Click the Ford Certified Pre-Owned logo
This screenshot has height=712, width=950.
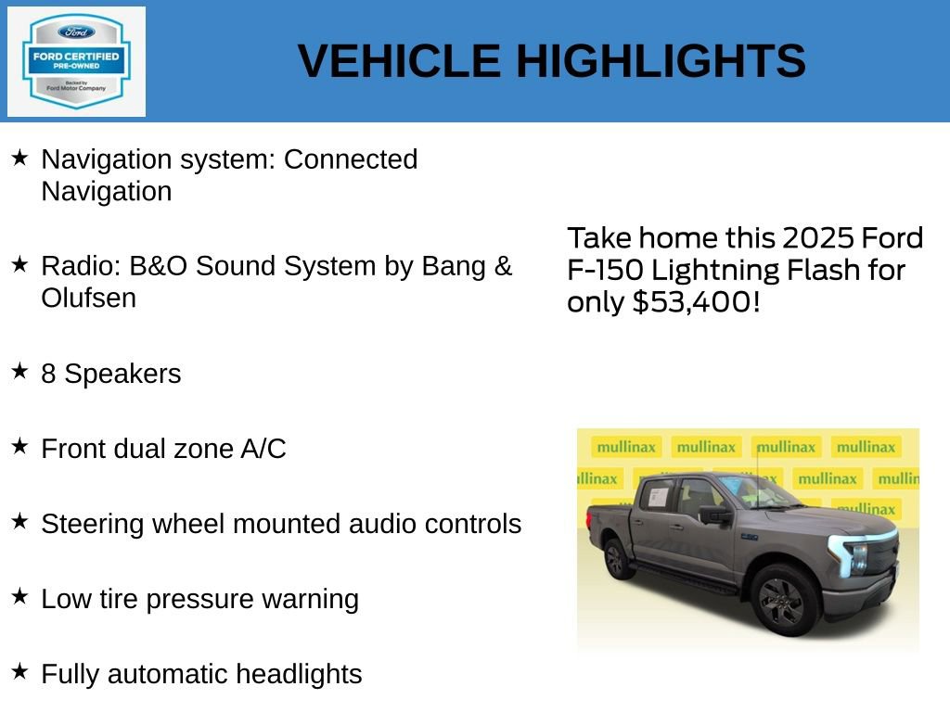tap(76, 62)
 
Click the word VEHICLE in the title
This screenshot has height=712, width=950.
tap(399, 61)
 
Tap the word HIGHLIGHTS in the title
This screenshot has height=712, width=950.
tap(661, 61)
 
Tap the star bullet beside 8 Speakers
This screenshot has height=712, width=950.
tap(19, 372)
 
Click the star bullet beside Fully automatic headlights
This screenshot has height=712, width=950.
tap(19, 671)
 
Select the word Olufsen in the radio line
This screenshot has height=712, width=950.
tap(88, 298)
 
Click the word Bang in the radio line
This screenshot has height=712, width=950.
tap(454, 266)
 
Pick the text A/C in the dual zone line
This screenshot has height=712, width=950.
tap(263, 449)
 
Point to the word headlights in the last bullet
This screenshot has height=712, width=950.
tap(299, 674)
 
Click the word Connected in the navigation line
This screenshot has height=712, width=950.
tap(351, 159)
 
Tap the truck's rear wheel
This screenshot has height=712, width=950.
tap(615, 559)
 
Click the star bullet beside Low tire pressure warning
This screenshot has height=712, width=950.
tap(19, 596)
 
